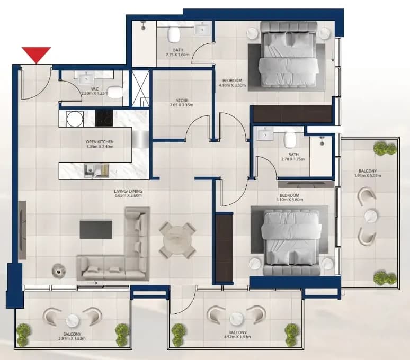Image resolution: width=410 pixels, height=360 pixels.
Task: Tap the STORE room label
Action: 182,100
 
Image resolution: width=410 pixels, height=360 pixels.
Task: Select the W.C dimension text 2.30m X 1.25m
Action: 94,93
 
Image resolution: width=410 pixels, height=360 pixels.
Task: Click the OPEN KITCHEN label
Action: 100,142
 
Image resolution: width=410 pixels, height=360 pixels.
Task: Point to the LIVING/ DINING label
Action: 128,191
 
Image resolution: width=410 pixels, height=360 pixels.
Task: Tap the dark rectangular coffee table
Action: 96,230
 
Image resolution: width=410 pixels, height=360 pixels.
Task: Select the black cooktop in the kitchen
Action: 104,118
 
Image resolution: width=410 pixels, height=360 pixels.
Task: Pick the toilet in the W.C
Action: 115,92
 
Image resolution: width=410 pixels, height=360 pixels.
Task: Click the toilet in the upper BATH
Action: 174,34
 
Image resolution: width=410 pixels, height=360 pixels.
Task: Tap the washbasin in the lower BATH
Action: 265,135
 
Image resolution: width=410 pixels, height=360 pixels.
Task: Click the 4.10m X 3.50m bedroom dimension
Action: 232,85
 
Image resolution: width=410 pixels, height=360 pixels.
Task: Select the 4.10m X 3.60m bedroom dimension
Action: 289,200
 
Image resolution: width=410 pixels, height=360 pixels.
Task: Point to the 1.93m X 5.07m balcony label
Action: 368,176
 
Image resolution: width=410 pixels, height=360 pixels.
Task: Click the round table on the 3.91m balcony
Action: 72,320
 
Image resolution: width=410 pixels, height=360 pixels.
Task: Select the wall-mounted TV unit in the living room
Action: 22,230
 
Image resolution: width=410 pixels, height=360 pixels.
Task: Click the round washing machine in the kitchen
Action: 75,119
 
